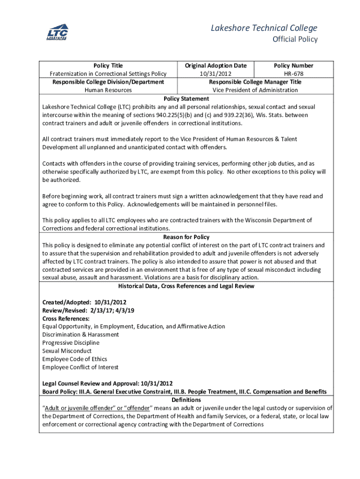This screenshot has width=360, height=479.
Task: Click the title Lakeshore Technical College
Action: tap(264, 28)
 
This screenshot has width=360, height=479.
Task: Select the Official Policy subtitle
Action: tap(295, 39)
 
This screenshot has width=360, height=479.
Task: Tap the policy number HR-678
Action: tap(294, 74)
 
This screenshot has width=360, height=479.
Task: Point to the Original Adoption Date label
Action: tap(216, 65)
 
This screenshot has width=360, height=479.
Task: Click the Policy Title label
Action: tap(108, 65)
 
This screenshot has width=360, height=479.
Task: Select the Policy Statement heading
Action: tap(186, 99)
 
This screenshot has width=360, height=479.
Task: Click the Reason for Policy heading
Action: tap(186, 237)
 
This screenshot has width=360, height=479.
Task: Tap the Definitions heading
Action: tap(186, 400)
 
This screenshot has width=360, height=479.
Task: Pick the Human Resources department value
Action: tap(108, 90)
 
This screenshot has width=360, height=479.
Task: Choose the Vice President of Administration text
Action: tap(255, 90)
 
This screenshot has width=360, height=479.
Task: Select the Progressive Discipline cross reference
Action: tap(71, 343)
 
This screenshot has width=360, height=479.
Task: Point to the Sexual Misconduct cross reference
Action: tap(67, 351)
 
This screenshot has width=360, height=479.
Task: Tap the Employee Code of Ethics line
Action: tap(75, 359)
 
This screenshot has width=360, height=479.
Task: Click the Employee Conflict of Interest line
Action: tap(80, 367)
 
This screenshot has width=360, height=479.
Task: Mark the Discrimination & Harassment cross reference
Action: tap(80, 334)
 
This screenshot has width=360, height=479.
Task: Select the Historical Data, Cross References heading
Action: tap(186, 286)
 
